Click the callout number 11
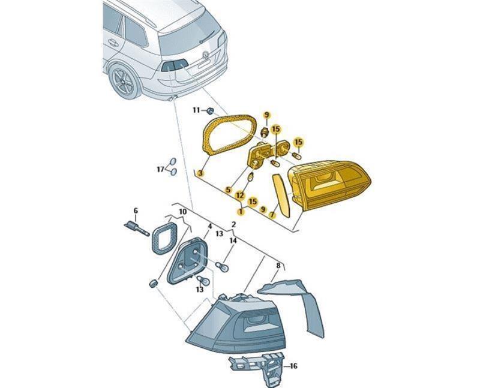196,110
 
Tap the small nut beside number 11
211,111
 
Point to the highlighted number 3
200,173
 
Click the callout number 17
161,169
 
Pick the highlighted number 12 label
240,195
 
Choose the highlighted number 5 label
228,190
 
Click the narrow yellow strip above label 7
281,195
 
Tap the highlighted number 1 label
241,211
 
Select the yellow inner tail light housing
329,184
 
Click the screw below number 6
137,228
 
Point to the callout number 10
183,212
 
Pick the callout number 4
209,226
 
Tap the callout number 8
278,266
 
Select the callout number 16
293,366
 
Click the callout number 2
233,224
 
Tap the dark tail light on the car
174,65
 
